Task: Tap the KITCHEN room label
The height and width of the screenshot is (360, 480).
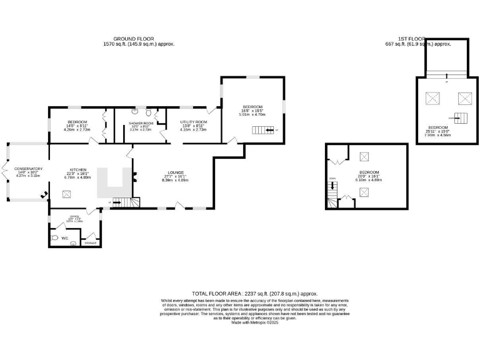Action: (x=77, y=170)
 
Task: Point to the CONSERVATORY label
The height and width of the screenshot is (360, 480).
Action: (x=28, y=169)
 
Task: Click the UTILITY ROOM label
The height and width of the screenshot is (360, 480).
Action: (x=193, y=122)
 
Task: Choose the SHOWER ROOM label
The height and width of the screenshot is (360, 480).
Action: (x=141, y=124)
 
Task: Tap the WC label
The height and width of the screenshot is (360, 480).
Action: (x=64, y=238)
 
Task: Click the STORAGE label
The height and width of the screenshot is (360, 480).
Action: (x=91, y=242)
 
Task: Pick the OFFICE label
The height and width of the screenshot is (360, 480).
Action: (x=74, y=217)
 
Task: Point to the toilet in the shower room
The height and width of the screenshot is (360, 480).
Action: (x=148, y=112)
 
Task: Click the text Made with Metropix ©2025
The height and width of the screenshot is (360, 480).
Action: (x=255, y=322)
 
